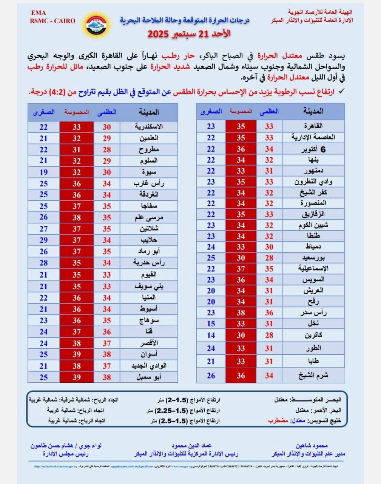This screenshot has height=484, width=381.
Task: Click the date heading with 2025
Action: coord(189,34)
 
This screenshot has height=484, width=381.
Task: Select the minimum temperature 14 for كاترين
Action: coord(211,335)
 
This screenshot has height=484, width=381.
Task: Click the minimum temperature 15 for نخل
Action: coord(211,324)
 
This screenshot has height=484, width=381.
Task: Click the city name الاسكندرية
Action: coord(149,127)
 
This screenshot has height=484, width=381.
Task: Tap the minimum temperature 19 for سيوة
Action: coord(44,172)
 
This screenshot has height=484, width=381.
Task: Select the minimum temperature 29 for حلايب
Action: coord(44,240)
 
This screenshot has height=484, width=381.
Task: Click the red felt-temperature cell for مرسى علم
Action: coord(77,217)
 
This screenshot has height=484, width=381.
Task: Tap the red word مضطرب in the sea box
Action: coord(278,420)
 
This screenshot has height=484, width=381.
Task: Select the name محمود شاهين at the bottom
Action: coord(312,446)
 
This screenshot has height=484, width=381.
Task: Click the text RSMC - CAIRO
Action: coord(53,21)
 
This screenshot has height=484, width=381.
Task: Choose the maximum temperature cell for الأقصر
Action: coord(107,343)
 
